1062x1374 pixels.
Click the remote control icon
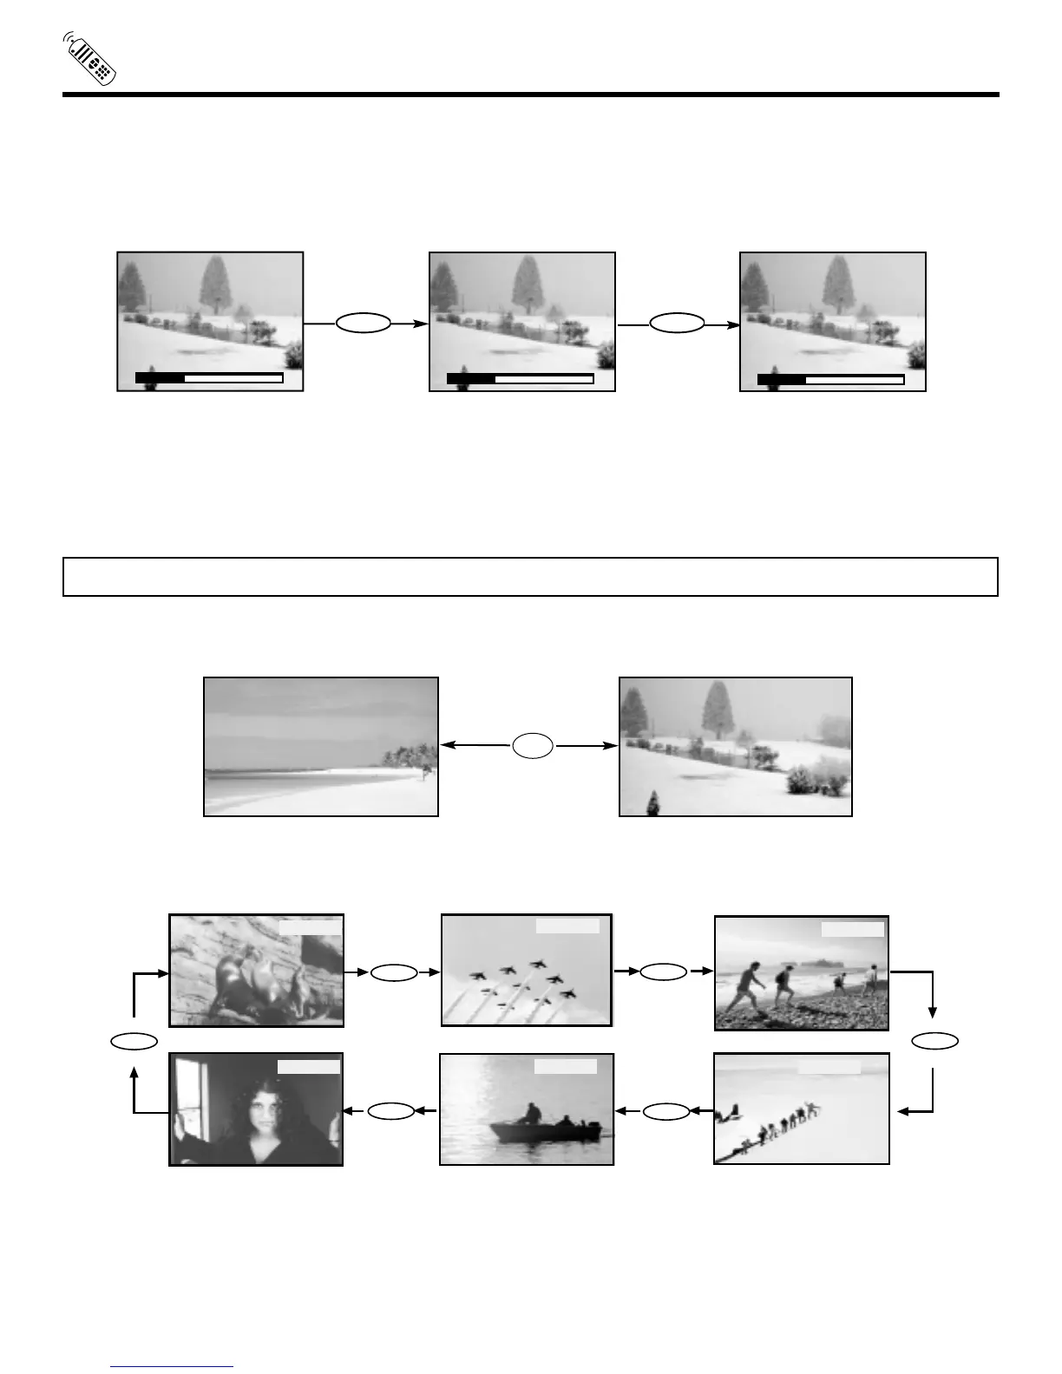click(x=90, y=59)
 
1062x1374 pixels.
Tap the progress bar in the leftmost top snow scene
click(x=209, y=378)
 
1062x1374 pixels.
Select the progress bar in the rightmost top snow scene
click(x=830, y=379)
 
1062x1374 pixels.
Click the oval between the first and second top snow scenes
click(x=364, y=324)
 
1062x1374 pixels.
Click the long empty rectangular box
click(x=530, y=577)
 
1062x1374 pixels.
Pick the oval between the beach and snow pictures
click(x=532, y=745)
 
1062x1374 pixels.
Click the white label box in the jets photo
click(x=567, y=926)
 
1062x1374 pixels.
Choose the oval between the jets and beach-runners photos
click(x=664, y=973)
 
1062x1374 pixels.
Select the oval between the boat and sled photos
click(x=666, y=1110)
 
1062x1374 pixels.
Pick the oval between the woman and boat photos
click(x=391, y=1110)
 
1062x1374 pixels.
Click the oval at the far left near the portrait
click(x=134, y=1040)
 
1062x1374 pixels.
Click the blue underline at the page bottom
click(x=173, y=1367)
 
